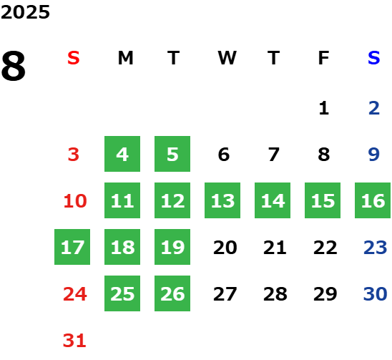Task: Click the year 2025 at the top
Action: pos(25,12)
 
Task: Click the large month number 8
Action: pos(14,66)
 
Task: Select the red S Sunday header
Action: pos(74,58)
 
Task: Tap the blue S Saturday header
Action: pos(373,58)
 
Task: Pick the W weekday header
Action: pos(227,58)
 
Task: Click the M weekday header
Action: pos(125,58)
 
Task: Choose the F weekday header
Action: pos(324,58)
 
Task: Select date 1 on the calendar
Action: pos(324,108)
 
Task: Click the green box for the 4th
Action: pos(122,154)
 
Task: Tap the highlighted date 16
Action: pos(373,200)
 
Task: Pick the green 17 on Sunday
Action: pos(72,247)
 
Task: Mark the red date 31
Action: pos(74,340)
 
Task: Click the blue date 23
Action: pos(376,247)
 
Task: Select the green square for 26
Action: pos(172,293)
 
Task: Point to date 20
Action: pos(225,247)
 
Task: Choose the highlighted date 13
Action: pos(222,200)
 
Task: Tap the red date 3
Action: pos(74,154)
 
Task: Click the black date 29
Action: pos(325,293)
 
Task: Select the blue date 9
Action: pos(373,154)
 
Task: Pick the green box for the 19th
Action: pos(172,247)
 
